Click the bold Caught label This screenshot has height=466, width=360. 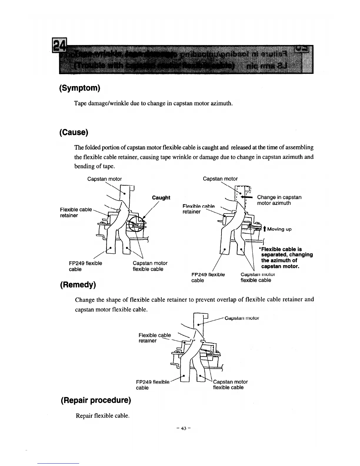pos(161,198)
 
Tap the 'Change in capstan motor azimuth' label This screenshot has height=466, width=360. pos(279,200)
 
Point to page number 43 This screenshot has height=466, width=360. pos(184,428)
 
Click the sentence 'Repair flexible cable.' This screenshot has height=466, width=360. pos(103,416)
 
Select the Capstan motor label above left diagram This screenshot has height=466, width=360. pos(104,179)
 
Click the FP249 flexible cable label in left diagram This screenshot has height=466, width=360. pos(85,266)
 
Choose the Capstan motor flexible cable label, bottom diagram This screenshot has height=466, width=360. pos(230,385)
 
